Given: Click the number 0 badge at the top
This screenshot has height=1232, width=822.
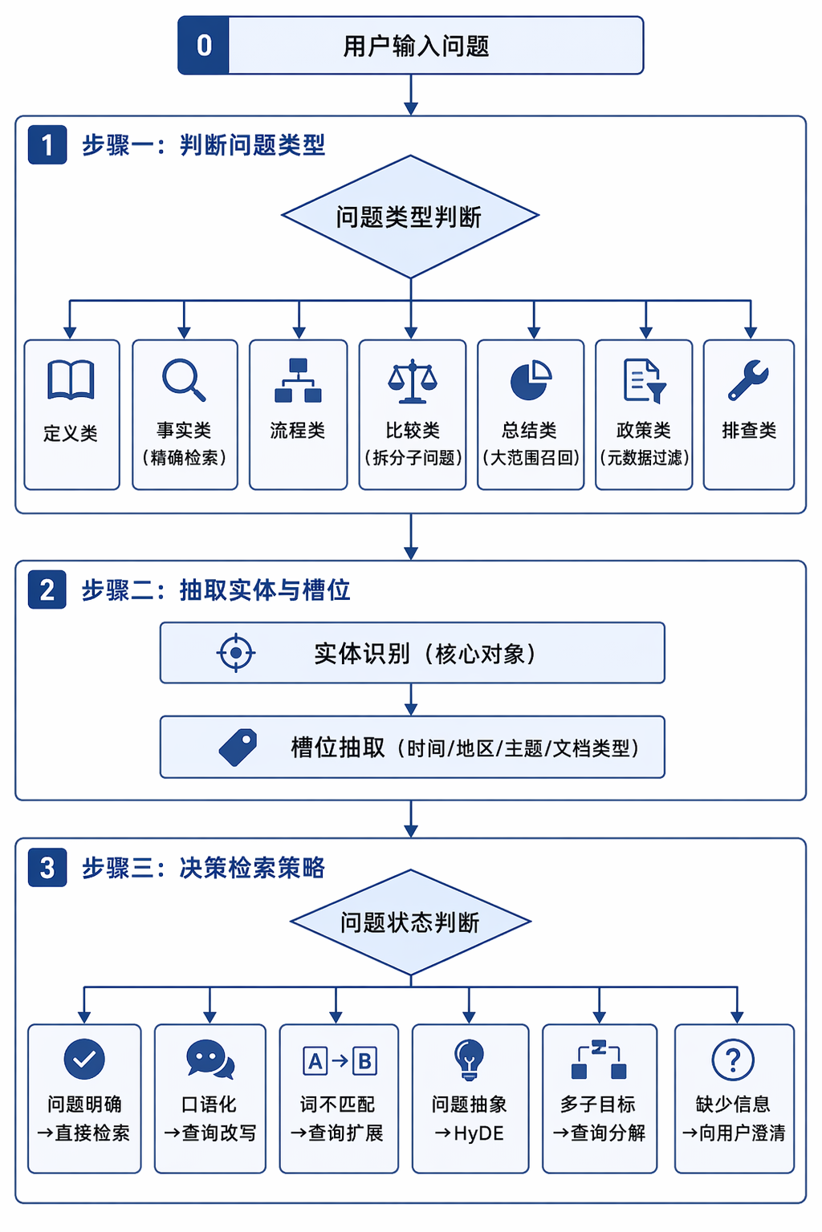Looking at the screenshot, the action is [203, 45].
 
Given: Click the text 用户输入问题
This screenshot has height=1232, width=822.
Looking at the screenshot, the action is [417, 46].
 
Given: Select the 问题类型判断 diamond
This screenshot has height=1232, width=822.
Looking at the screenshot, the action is [410, 217].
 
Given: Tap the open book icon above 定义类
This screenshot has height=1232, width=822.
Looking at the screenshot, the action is [71, 379].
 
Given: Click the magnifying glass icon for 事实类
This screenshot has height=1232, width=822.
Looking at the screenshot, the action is [184, 380].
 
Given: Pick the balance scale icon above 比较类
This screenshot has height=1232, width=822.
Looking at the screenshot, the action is [413, 381].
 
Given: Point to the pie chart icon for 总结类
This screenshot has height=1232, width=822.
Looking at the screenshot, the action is [531, 380].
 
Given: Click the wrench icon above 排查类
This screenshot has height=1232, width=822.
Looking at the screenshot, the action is [748, 379].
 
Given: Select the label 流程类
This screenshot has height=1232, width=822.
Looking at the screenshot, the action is [298, 430].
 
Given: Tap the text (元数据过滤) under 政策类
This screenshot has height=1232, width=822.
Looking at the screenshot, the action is [644, 458].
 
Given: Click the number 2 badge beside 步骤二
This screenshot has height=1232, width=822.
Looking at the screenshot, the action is [47, 590].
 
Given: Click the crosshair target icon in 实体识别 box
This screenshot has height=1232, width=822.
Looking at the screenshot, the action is [236, 653].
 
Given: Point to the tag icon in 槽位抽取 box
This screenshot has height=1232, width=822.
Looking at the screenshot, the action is [238, 747].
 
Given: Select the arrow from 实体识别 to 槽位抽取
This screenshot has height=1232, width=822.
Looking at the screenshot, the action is [411, 699].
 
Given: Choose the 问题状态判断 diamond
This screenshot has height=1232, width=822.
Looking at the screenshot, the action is [411, 922].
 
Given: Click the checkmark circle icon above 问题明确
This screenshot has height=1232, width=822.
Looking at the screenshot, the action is [84, 1059].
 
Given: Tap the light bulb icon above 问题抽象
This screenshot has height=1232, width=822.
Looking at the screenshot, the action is [469, 1060].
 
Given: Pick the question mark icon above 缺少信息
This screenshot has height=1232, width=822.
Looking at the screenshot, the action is [733, 1060].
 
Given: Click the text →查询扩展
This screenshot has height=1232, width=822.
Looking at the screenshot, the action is [337, 1133].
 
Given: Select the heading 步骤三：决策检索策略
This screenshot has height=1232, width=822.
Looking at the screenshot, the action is [204, 868].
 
